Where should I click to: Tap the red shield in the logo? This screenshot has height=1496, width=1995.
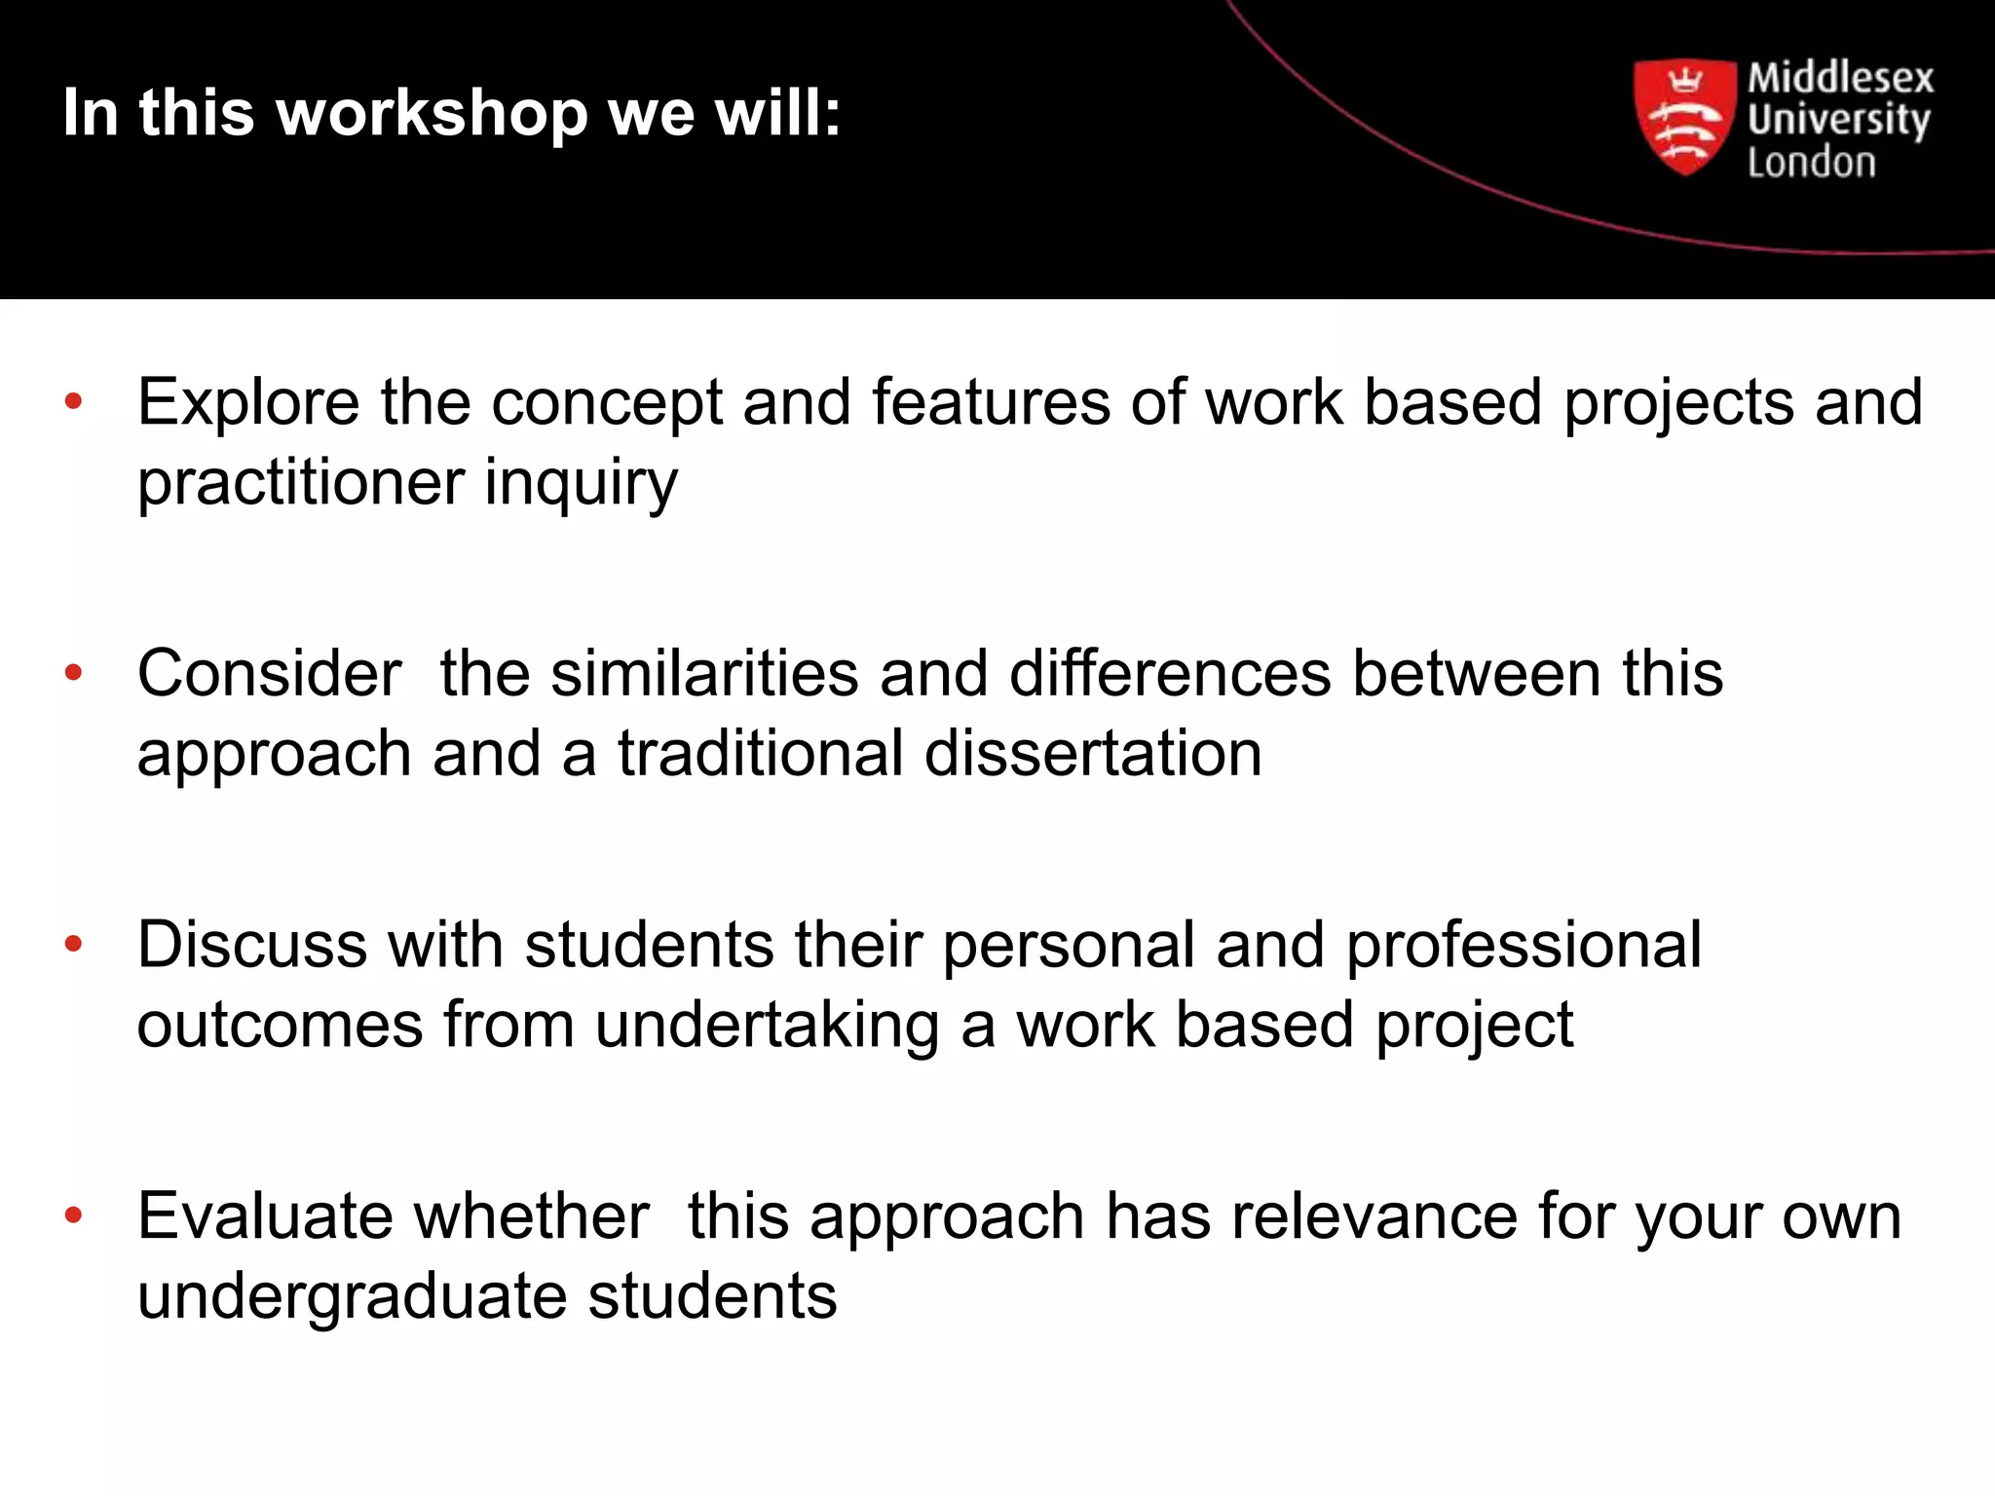pos(1684,117)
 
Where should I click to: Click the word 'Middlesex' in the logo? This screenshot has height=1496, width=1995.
pos(1840,78)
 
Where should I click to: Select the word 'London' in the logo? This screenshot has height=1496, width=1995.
pos(1811,163)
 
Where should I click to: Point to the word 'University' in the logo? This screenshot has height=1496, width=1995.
pos(1838,121)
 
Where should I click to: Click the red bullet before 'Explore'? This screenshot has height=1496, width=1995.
pos(73,401)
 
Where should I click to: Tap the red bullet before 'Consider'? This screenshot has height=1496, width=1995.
pos(73,672)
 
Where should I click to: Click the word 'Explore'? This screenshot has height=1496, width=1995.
pos(248,403)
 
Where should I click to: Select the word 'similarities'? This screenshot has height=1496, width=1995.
pos(704,674)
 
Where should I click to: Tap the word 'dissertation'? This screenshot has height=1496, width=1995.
pos(1093,754)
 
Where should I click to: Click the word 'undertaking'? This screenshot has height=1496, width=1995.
pos(768,1026)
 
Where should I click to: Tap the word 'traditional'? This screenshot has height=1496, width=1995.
pos(761,754)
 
